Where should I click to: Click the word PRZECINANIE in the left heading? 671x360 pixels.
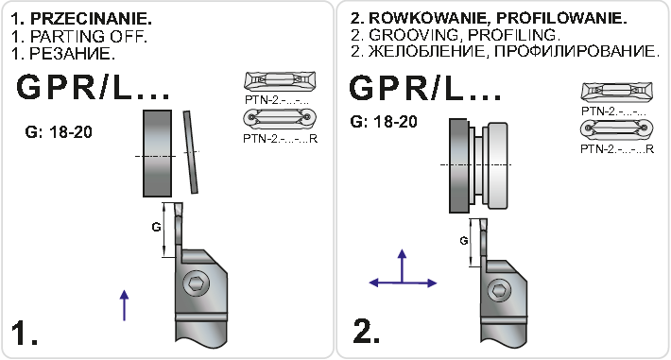click(x=91, y=19)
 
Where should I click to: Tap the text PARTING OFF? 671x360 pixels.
click(x=89, y=37)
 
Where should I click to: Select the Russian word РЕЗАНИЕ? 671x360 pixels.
click(x=73, y=54)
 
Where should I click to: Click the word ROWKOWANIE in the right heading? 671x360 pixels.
click(x=430, y=18)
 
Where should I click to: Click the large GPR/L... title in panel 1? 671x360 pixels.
click(x=93, y=87)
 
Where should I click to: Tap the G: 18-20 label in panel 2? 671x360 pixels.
click(x=384, y=122)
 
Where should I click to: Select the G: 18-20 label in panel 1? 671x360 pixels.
click(x=59, y=132)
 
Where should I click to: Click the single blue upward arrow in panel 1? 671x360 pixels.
click(x=124, y=305)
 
